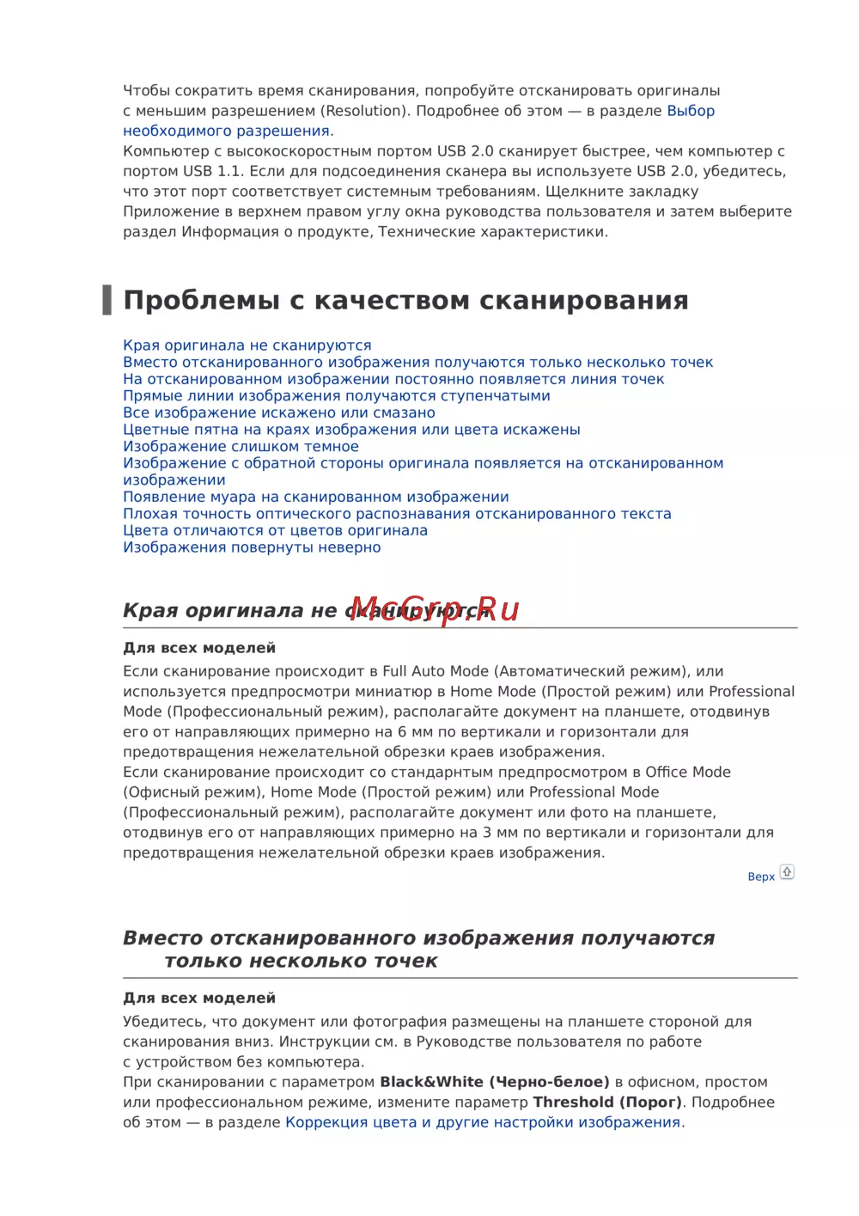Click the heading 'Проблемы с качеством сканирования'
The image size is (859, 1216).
click(405, 301)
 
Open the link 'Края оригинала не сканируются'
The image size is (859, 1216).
click(247, 345)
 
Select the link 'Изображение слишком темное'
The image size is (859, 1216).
click(241, 447)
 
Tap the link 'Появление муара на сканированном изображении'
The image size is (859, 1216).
click(316, 497)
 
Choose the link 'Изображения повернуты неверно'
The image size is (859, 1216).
click(252, 547)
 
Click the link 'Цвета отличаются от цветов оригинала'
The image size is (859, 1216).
click(275, 530)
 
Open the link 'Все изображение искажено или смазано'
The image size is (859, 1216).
click(279, 412)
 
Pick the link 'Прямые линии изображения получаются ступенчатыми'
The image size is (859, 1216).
click(337, 396)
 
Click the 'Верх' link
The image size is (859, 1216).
click(761, 877)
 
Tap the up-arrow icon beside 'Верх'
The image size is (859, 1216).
click(787, 872)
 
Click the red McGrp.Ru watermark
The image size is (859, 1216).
click(435, 609)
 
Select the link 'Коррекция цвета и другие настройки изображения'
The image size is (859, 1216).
click(483, 1122)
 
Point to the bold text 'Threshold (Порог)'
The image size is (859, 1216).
click(607, 1103)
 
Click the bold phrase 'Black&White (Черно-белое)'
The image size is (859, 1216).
click(495, 1082)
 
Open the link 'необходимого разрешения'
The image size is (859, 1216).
click(227, 131)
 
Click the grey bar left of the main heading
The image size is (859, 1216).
click(107, 300)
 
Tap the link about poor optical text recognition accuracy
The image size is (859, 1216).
click(397, 514)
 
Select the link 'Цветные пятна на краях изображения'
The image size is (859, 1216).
click(351, 430)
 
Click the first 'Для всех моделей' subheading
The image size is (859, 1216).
click(199, 648)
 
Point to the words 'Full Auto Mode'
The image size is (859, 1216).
click(437, 671)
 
